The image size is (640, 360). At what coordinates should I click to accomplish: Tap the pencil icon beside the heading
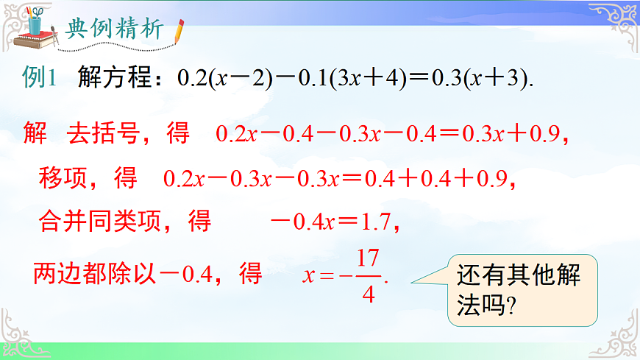[x=179, y=31]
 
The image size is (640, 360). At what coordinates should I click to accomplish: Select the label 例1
[x=40, y=80]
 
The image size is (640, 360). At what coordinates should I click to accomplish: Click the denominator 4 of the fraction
[x=369, y=294]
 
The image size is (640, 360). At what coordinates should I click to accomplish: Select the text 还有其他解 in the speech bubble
[x=519, y=275]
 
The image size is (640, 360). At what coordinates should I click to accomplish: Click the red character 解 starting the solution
[x=35, y=133]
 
